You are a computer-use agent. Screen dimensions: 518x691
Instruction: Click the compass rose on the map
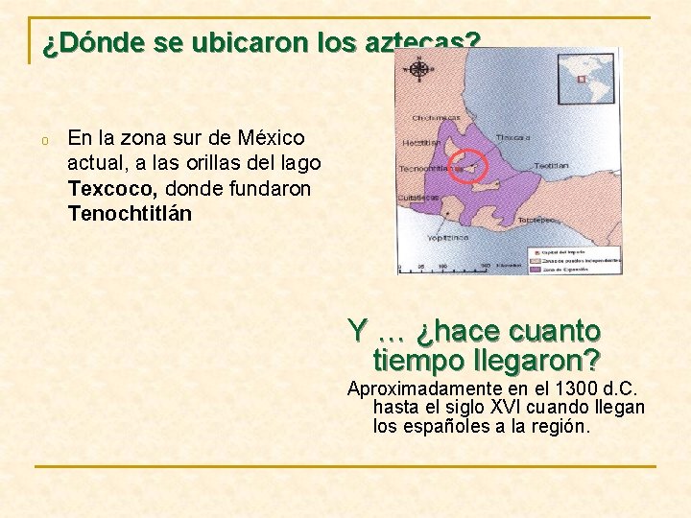pyautogui.click(x=418, y=69)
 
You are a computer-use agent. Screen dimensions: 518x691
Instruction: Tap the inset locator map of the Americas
pyautogui.click(x=587, y=77)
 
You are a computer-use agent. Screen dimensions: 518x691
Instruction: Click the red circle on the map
pyautogui.click(x=469, y=166)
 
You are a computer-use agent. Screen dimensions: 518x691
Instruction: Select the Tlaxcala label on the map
pyautogui.click(x=512, y=137)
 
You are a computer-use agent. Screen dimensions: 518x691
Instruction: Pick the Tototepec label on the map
pyautogui.click(x=538, y=220)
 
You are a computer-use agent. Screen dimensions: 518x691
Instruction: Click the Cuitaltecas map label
pyautogui.click(x=418, y=198)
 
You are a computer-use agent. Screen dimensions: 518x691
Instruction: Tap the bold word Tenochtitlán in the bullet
pyautogui.click(x=130, y=214)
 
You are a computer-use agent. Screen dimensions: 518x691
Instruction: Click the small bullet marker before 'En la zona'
pyautogui.click(x=44, y=142)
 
